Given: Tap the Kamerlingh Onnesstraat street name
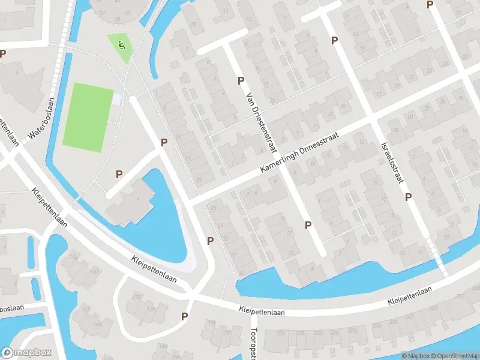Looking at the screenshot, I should [x=299, y=154].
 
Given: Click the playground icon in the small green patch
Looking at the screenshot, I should [x=121, y=44].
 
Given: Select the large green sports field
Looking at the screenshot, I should [x=88, y=117].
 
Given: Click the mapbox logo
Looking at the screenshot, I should [x=26, y=353].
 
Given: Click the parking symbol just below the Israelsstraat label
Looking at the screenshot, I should [x=408, y=197].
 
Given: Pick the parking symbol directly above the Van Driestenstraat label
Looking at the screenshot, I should [x=241, y=80].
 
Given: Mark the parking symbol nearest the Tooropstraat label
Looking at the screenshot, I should [x=185, y=316].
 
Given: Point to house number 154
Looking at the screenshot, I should [x=74, y=258].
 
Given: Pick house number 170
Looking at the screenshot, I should [x=137, y=297].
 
